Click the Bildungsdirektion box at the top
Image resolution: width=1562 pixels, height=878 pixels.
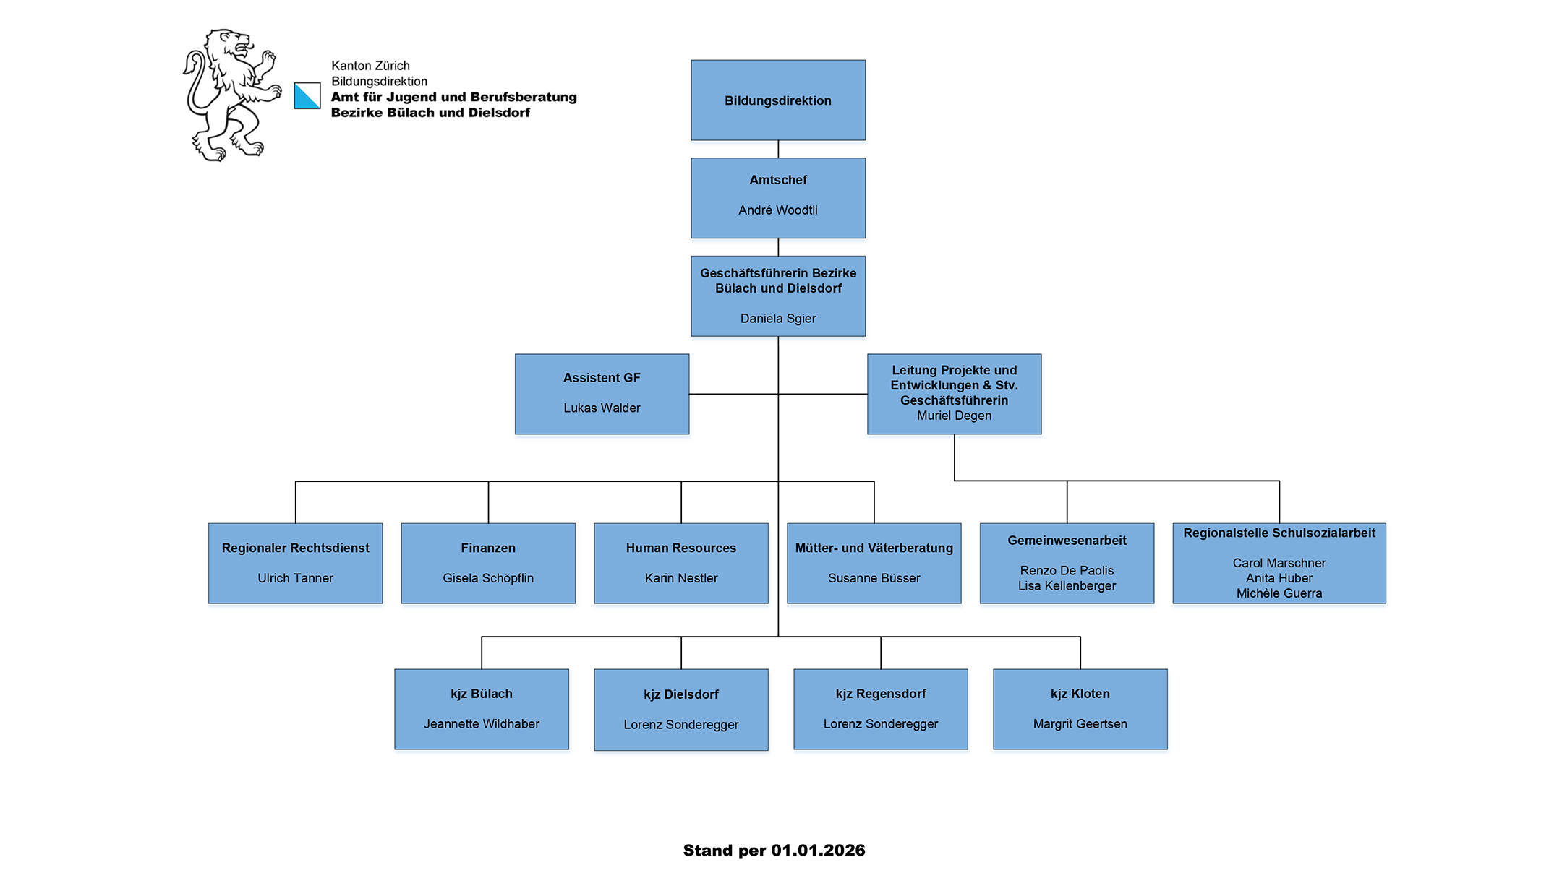pos(777,100)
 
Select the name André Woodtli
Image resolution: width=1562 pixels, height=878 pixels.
pos(777,210)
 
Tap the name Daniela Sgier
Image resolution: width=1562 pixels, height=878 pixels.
pos(777,319)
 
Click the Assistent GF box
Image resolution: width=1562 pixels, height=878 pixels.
pos(602,394)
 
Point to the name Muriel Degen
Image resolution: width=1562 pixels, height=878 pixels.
pos(954,416)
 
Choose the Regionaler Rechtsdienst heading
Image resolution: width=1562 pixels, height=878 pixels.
pos(295,548)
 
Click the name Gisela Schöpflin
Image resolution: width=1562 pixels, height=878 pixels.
pos(488,578)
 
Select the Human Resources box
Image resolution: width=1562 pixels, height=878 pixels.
pos(680,563)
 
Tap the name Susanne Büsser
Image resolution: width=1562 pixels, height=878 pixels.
pos(874,578)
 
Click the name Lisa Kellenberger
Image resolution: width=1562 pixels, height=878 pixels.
pos(1067,586)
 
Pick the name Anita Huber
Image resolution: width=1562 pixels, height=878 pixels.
pos(1279,578)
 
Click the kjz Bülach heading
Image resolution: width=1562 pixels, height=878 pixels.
pos(481,694)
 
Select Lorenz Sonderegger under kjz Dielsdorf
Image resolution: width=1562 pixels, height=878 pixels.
pos(680,725)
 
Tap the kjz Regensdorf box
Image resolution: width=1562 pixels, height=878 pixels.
pos(880,709)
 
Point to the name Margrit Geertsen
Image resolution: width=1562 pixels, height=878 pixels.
pos(1080,724)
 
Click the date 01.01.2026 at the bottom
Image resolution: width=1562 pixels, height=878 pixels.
pos(818,851)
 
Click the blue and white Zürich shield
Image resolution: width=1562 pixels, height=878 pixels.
pos(307,95)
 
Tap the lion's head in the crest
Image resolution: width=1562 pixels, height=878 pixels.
pos(230,47)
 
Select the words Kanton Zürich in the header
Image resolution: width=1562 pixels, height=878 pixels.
pos(370,66)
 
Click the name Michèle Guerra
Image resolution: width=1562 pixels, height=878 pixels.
pos(1279,593)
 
